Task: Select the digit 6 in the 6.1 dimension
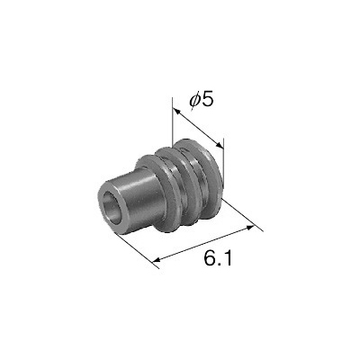click(210, 257)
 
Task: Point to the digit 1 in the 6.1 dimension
click(228, 257)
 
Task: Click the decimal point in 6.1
click(220, 264)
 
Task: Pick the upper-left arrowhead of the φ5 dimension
click(177, 112)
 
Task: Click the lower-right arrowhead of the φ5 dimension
click(219, 144)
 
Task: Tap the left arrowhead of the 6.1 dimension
click(157, 259)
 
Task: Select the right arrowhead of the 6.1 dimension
click(249, 228)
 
